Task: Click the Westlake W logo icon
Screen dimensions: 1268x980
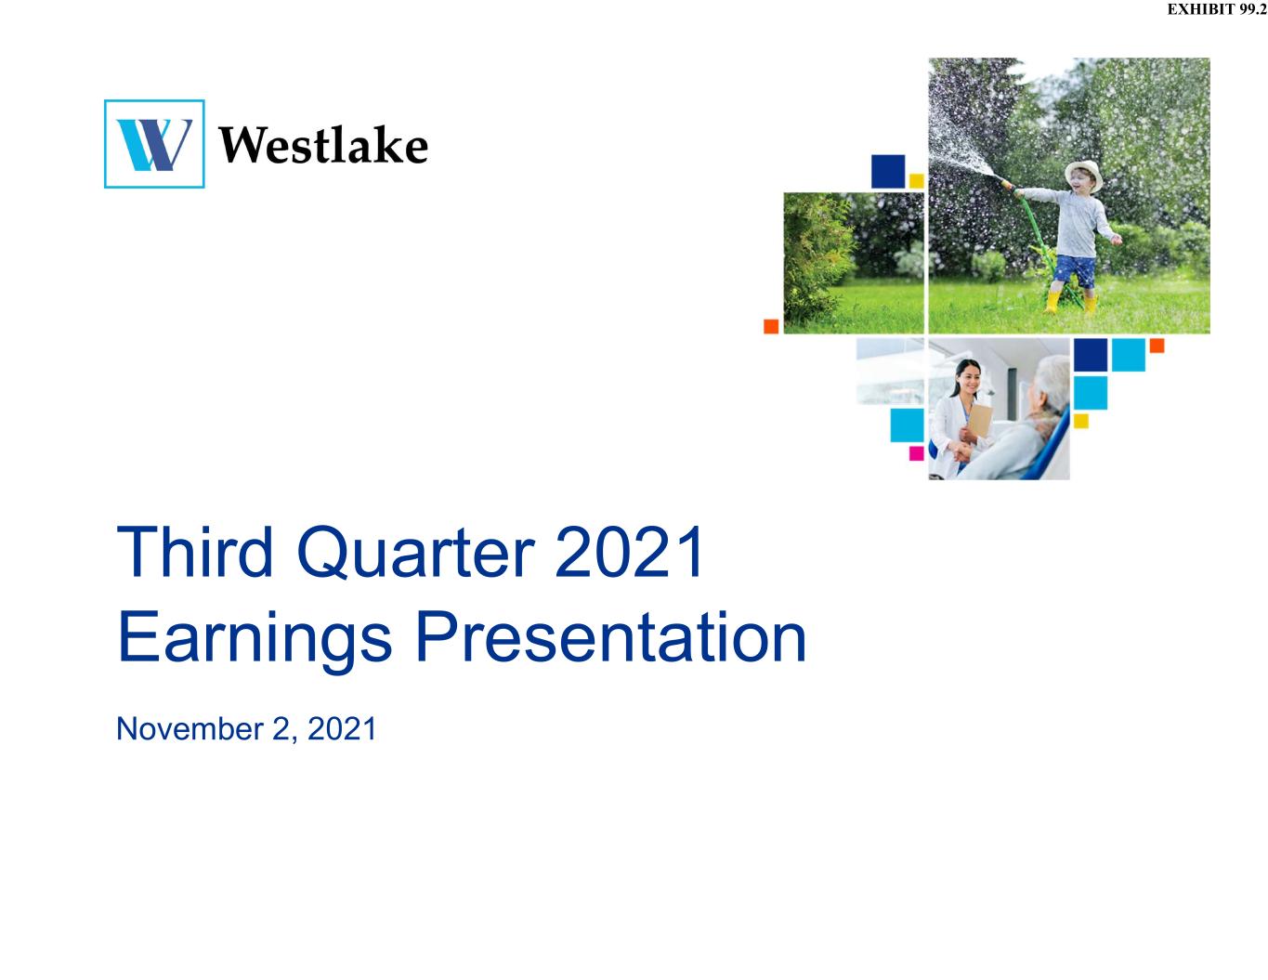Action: (x=154, y=143)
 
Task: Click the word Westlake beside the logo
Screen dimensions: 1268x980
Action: (x=323, y=145)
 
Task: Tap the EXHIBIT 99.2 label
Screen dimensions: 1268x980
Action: (x=1217, y=9)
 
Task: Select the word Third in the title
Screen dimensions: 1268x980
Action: (x=195, y=551)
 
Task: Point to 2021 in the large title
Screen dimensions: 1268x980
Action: (x=629, y=551)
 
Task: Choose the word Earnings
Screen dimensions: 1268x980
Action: (x=255, y=640)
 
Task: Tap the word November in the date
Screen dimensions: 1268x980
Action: (x=190, y=728)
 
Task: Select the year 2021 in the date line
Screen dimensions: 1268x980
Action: (x=342, y=728)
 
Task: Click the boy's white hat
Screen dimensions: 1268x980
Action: (x=1084, y=174)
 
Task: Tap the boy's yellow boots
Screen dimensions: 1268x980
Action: (x=1069, y=302)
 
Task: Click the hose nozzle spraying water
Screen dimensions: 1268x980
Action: (x=1006, y=185)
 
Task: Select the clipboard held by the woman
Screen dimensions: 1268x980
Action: (x=980, y=420)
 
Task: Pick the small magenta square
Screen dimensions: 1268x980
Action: (x=916, y=453)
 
